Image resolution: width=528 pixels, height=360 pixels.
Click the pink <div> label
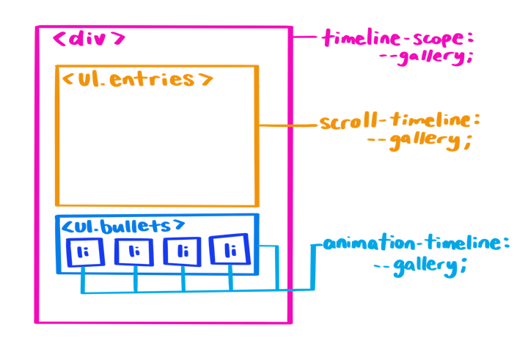[x=89, y=40]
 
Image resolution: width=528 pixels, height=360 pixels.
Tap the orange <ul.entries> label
[x=137, y=78]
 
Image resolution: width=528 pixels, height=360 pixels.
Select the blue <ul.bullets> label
[x=122, y=225]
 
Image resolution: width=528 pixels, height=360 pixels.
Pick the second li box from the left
[x=133, y=252]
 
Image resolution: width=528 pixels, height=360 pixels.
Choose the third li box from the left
[x=183, y=252]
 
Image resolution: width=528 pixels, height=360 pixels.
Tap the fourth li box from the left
[x=230, y=251]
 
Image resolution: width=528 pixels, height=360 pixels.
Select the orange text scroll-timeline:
[x=400, y=121]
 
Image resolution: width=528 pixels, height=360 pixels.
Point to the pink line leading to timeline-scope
[x=307, y=36]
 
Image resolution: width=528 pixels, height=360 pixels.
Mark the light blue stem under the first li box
[x=84, y=279]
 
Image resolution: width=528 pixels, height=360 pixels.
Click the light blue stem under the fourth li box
[x=231, y=279]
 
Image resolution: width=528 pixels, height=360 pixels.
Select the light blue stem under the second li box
[x=134, y=279]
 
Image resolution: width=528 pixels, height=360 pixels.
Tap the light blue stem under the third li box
[x=183, y=279]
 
